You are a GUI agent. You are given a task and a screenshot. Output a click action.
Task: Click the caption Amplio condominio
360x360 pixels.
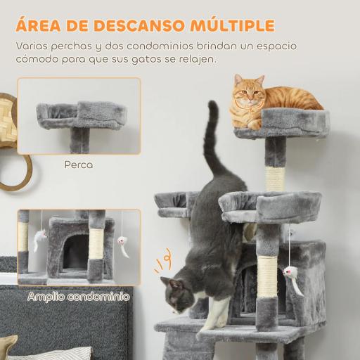[x=79, y=297]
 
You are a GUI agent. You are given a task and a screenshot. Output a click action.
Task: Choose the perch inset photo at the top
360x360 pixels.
[x=79, y=117]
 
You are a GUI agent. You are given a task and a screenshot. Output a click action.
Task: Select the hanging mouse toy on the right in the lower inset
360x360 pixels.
[x=124, y=246]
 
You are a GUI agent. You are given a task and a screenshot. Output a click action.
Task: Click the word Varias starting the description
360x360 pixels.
[x=36, y=46]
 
